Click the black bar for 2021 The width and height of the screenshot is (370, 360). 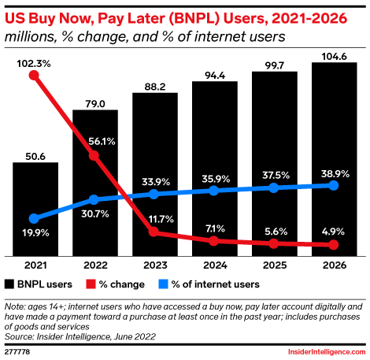[x=35, y=209]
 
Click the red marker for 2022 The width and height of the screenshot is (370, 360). [x=94, y=156]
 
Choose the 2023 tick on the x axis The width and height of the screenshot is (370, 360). [x=154, y=265]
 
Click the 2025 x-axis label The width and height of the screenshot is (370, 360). [x=274, y=265]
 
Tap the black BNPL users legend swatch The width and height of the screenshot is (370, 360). [x=10, y=284]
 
